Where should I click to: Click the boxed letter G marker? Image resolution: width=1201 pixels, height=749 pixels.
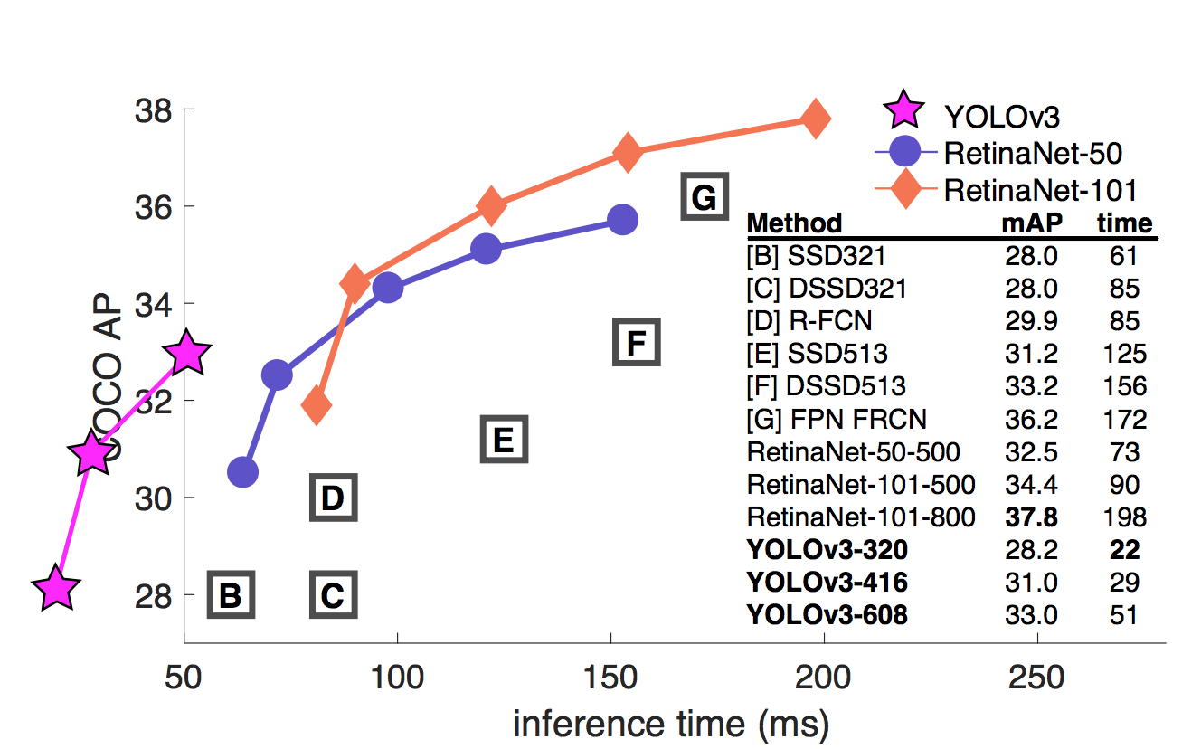click(x=704, y=196)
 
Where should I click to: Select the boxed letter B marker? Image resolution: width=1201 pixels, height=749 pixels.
click(x=231, y=594)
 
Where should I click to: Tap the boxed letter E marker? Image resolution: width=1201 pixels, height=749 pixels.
click(x=503, y=441)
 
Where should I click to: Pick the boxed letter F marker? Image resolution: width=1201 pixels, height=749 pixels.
click(x=637, y=343)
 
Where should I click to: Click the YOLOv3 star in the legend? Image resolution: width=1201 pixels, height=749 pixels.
click(x=904, y=113)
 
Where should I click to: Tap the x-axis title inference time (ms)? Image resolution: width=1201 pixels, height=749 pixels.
click(x=671, y=723)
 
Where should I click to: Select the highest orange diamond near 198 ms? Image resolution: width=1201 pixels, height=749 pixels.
click(x=815, y=119)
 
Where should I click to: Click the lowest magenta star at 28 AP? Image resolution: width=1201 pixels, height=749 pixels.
click(x=56, y=588)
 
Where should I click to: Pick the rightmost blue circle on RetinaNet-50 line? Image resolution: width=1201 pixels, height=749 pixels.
click(x=622, y=219)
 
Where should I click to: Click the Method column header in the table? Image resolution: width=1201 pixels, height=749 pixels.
click(x=795, y=223)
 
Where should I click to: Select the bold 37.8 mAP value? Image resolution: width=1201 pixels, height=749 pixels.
click(x=1030, y=517)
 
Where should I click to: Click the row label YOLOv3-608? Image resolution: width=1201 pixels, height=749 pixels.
click(x=827, y=616)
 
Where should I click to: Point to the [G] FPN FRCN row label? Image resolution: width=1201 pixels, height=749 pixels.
click(x=837, y=419)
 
